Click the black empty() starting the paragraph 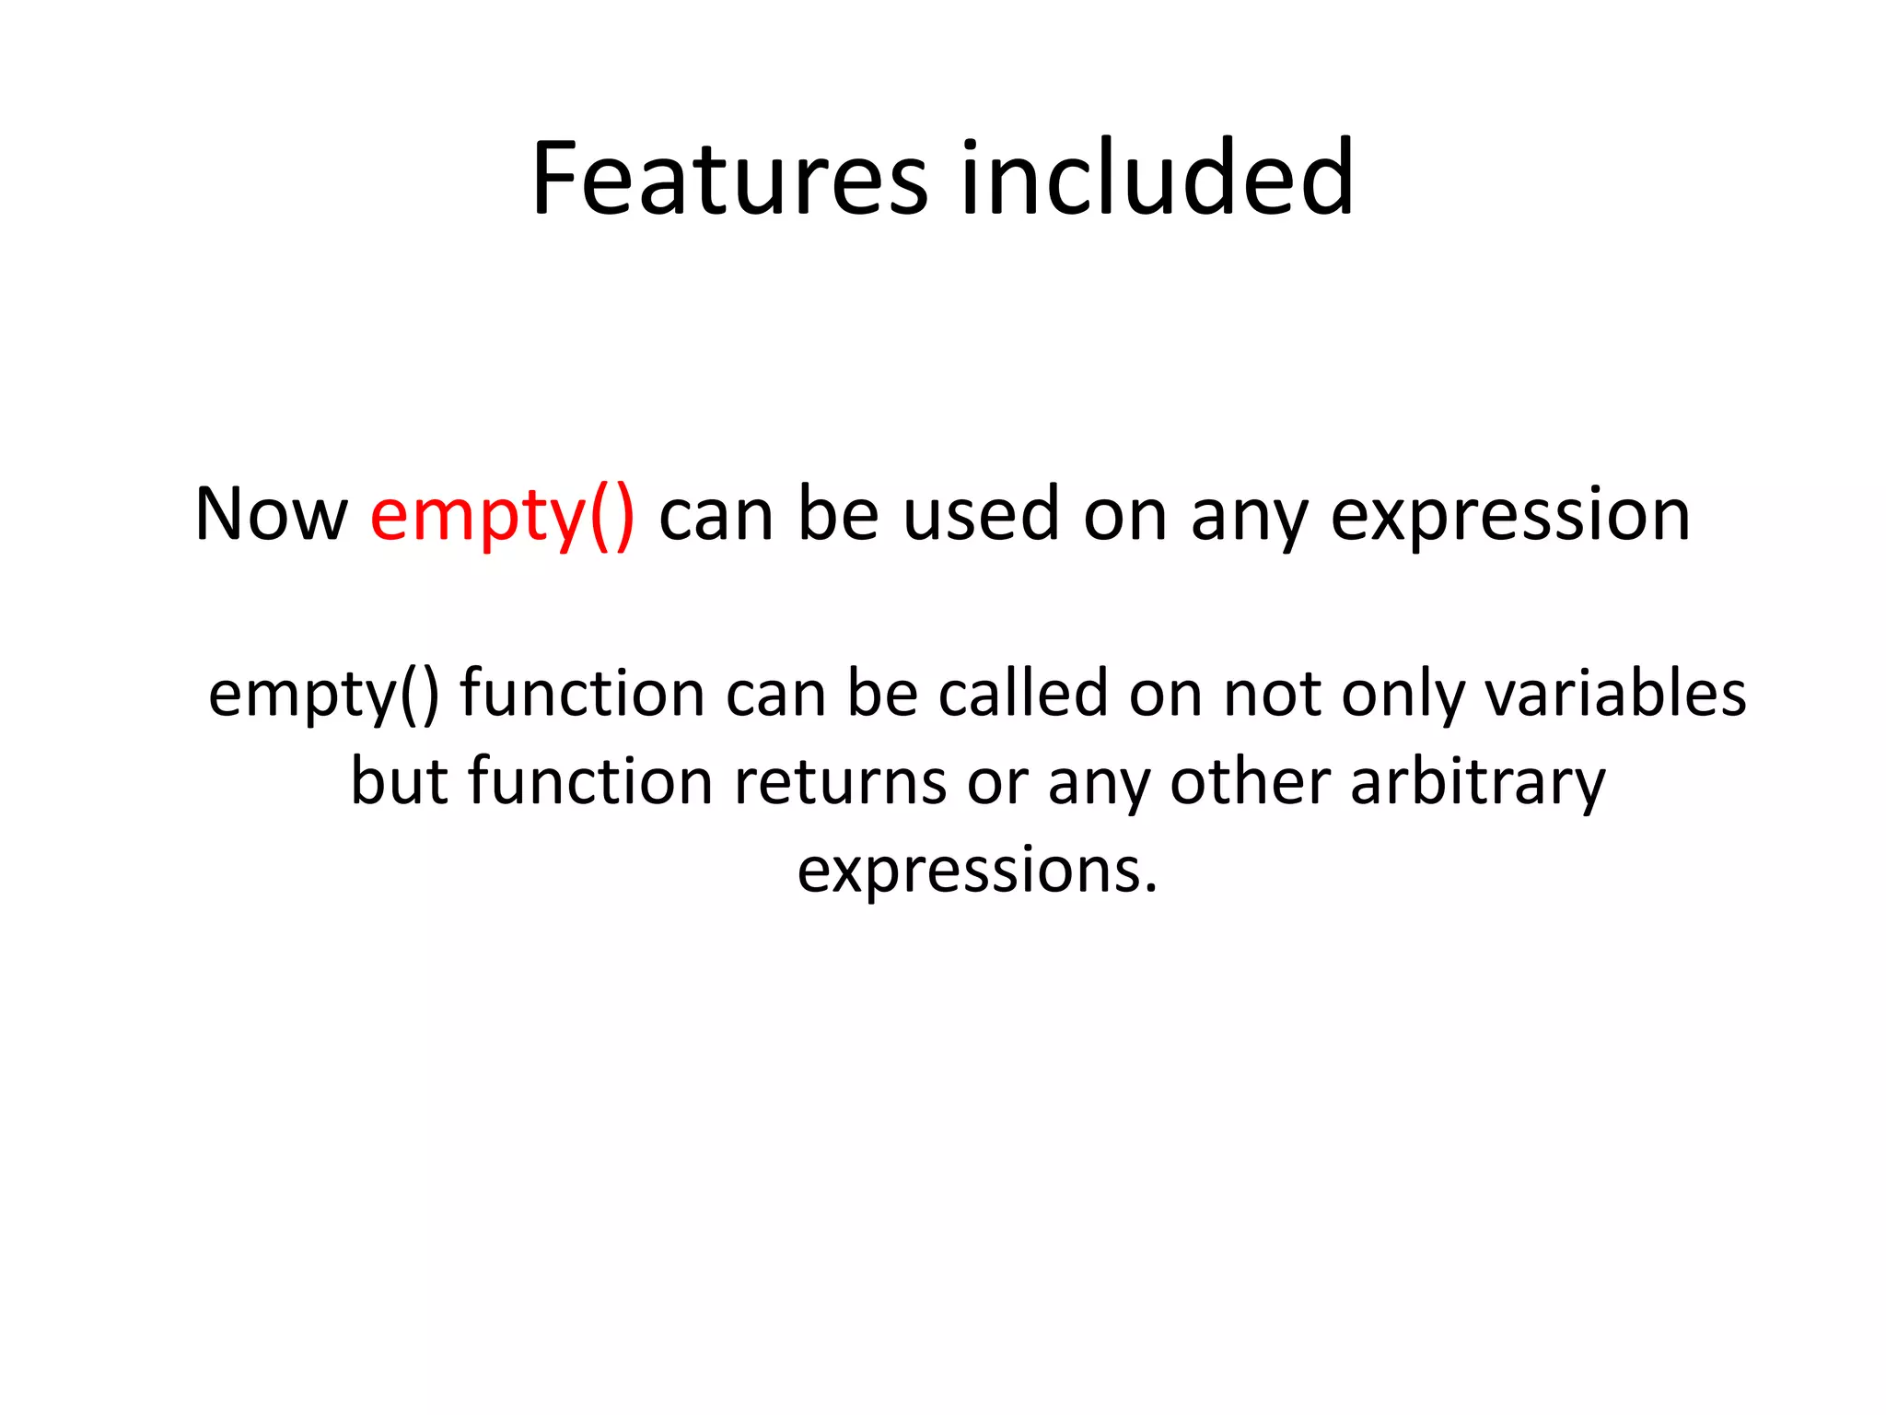click(323, 694)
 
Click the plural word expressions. click(976, 871)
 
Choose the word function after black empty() click(582, 694)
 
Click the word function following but click(590, 782)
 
